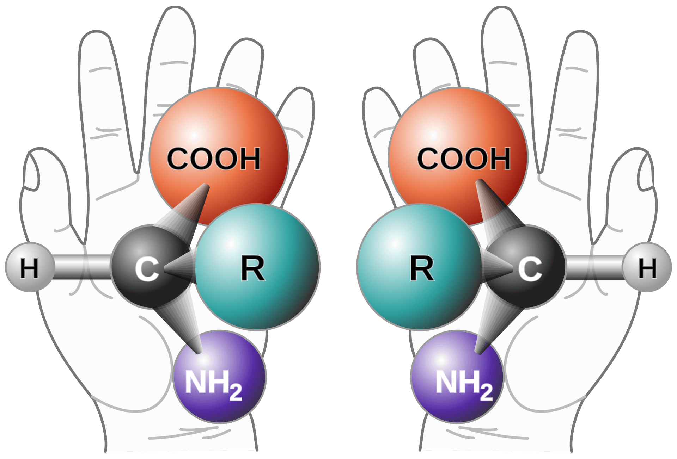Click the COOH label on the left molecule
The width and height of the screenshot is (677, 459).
pos(213,159)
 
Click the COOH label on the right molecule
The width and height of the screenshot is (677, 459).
pos(464,159)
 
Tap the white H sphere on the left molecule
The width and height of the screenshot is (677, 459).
pos(30,267)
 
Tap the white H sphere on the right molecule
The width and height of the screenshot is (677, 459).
pos(647,267)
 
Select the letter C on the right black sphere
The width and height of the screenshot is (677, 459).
pos(530,269)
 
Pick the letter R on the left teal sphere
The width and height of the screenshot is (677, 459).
pos(253,268)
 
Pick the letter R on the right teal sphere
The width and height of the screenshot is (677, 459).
pos(422,268)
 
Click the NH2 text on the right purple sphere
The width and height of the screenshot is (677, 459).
pos(464,384)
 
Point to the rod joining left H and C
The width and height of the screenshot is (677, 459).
pos(83,267)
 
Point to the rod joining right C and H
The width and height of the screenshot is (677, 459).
pos(594,267)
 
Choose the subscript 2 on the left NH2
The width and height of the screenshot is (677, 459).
pos(236,392)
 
